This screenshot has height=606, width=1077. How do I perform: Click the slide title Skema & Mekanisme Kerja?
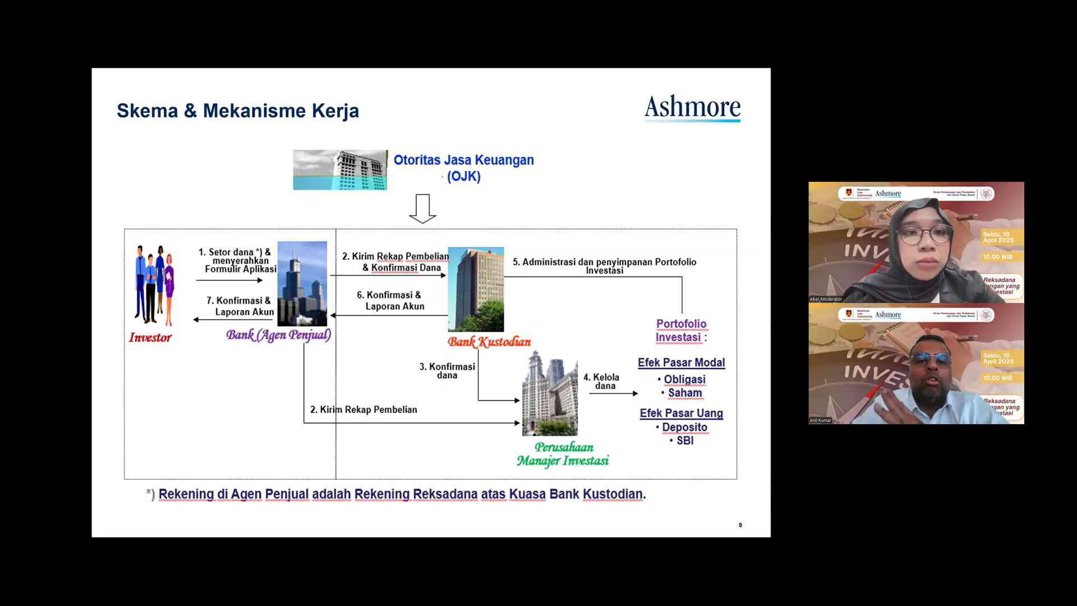pyautogui.click(x=237, y=111)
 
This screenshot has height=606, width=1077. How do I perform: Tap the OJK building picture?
pyautogui.click(x=340, y=169)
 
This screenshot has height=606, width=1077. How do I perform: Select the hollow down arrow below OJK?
pyautogui.click(x=422, y=208)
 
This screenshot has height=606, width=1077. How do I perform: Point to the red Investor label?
pyautogui.click(x=150, y=337)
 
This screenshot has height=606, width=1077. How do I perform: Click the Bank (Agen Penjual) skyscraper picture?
pyautogui.click(x=302, y=283)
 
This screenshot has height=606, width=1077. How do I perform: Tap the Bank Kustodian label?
pyautogui.click(x=489, y=342)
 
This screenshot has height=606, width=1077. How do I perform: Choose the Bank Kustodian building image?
pyautogui.click(x=476, y=289)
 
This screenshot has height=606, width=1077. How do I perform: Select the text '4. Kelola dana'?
pyautogui.click(x=601, y=382)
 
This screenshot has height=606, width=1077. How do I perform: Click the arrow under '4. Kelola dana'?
pyautogui.click(x=613, y=393)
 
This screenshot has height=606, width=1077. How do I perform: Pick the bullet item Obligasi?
pyautogui.click(x=684, y=379)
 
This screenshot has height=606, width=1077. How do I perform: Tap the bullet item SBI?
pyautogui.click(x=685, y=440)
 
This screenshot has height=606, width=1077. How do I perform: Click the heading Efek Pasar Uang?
pyautogui.click(x=681, y=413)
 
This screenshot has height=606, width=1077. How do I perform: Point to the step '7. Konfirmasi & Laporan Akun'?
pyautogui.click(x=240, y=306)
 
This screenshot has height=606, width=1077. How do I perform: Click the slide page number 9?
pyautogui.click(x=740, y=525)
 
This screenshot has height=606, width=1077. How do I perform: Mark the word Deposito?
pyautogui.click(x=684, y=427)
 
